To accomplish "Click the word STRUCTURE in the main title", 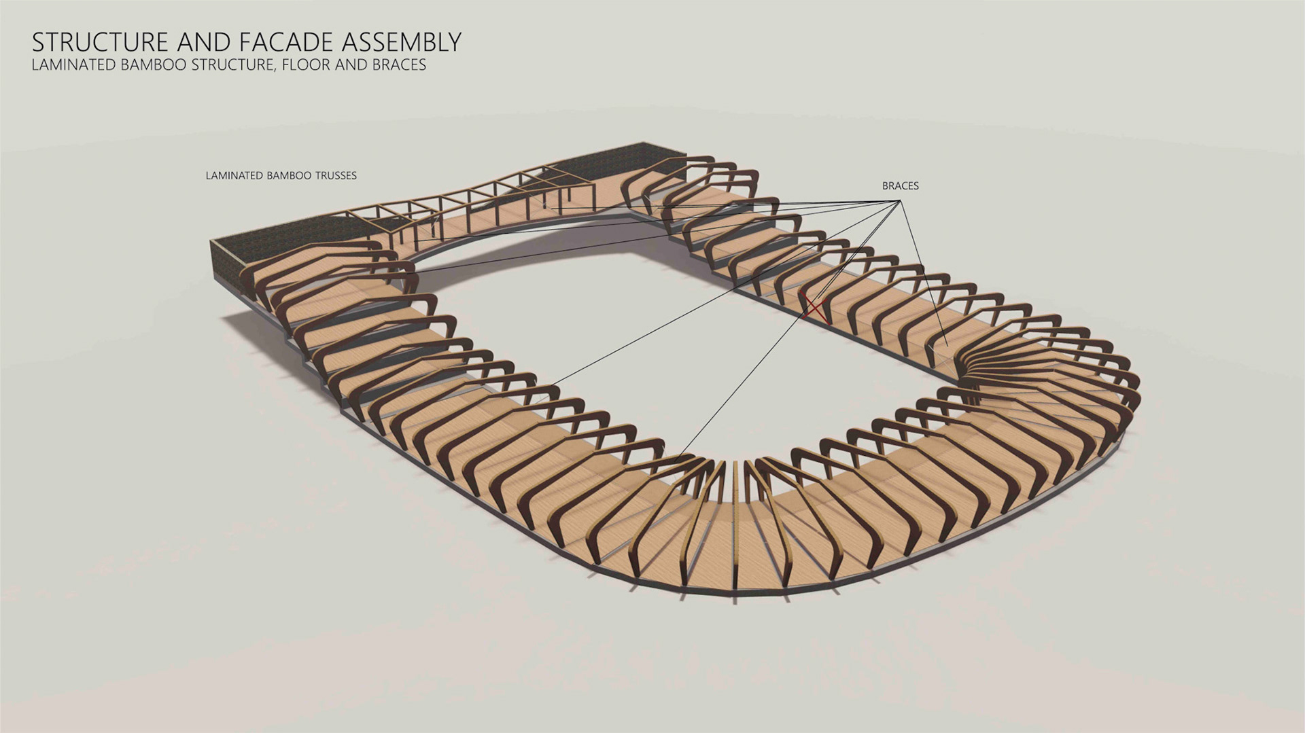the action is click(99, 42).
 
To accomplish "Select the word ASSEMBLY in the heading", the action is click(402, 42).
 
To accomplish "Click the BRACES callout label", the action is click(900, 185).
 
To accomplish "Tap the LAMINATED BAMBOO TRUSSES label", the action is click(281, 175).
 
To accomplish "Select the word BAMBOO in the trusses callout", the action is click(285, 175).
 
